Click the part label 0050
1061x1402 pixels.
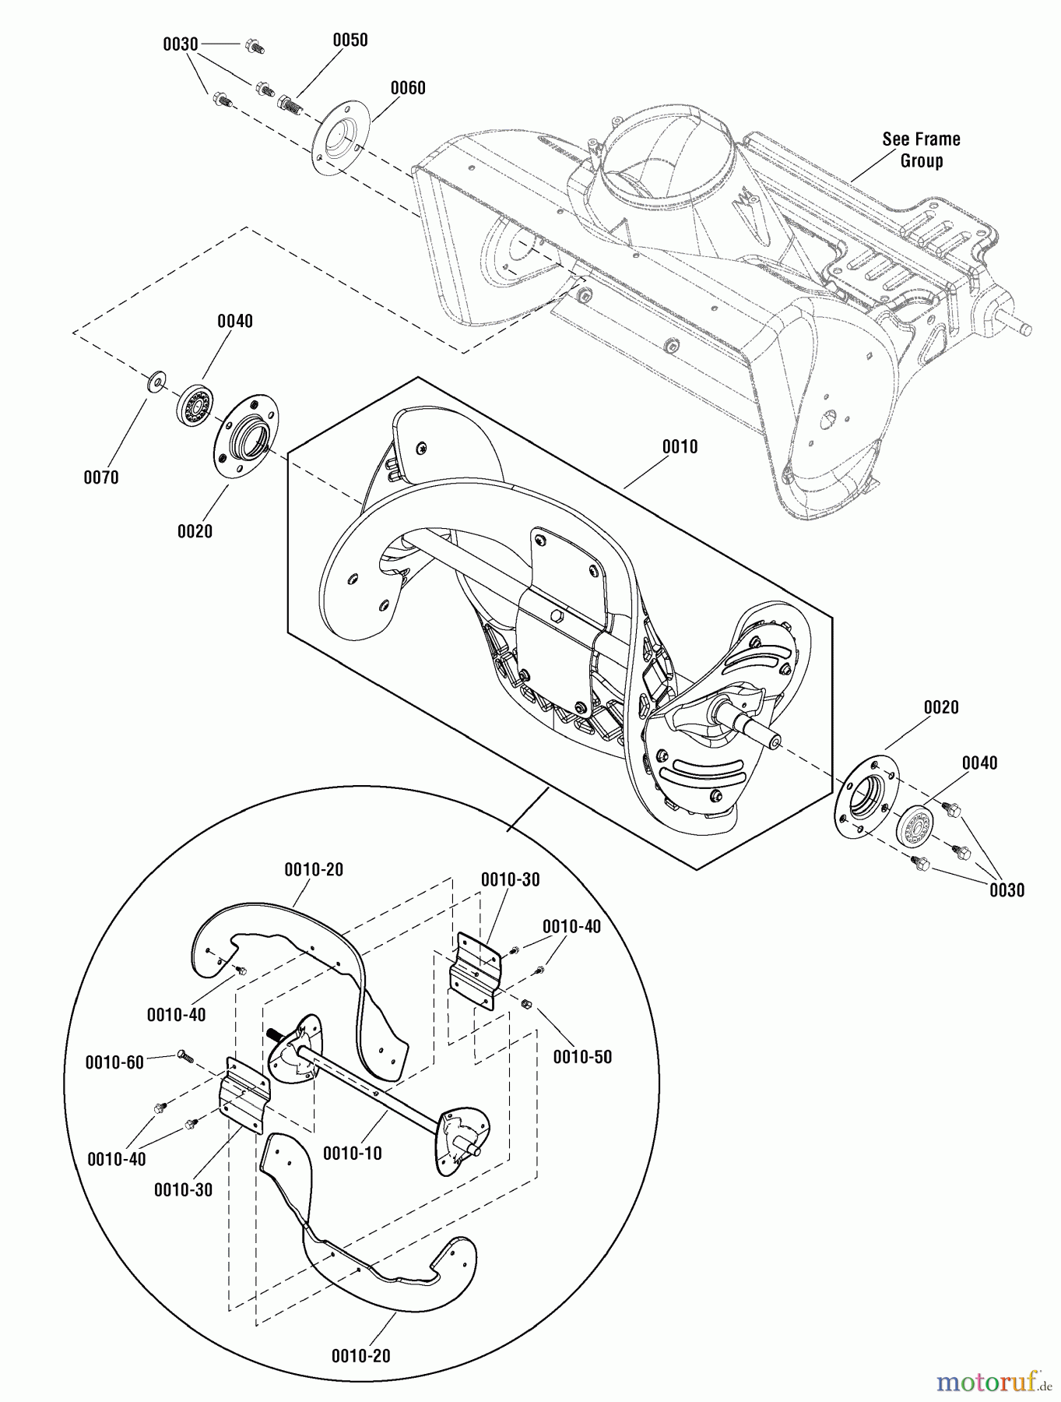[350, 40]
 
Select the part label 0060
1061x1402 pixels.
[407, 88]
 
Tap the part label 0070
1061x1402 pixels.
[101, 477]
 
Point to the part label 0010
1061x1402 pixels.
[680, 447]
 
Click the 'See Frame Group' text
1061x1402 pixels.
[921, 150]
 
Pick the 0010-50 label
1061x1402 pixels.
[582, 1057]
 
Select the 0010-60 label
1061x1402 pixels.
[114, 1062]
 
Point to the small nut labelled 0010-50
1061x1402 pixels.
[526, 1002]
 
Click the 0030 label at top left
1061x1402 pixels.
[180, 44]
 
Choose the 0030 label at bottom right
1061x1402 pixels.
[1007, 889]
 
